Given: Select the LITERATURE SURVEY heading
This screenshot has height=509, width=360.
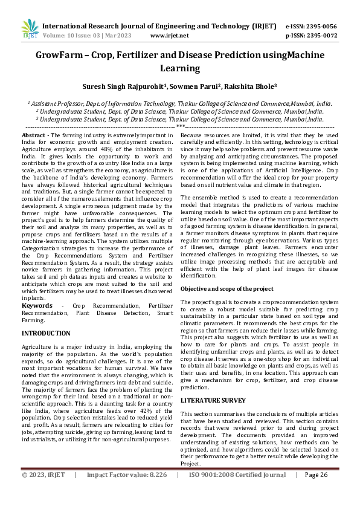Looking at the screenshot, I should pyautogui.click(x=214, y=400).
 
